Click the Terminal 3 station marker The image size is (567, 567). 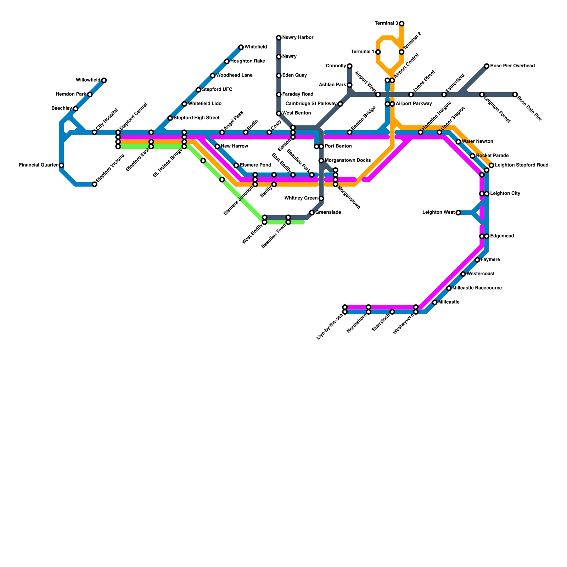point(402,24)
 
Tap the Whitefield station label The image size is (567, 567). point(256,47)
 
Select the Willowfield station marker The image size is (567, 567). point(104,80)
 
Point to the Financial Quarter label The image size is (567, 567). point(38,165)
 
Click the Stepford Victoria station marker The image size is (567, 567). point(95,184)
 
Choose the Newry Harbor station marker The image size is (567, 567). point(279,38)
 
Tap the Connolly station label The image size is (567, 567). point(336,66)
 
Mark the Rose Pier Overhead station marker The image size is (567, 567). point(487,66)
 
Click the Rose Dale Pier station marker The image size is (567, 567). point(515,95)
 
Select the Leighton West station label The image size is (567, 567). point(438,213)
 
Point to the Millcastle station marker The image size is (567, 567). point(435,302)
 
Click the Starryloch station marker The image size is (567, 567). point(392,312)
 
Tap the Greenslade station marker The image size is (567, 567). point(312,213)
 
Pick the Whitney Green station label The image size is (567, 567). point(301,198)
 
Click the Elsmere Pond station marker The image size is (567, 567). point(236,165)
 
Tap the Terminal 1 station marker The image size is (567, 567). point(378,52)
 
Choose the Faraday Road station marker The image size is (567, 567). point(279,95)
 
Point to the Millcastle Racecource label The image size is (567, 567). point(477,288)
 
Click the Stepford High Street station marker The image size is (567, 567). point(170,118)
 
